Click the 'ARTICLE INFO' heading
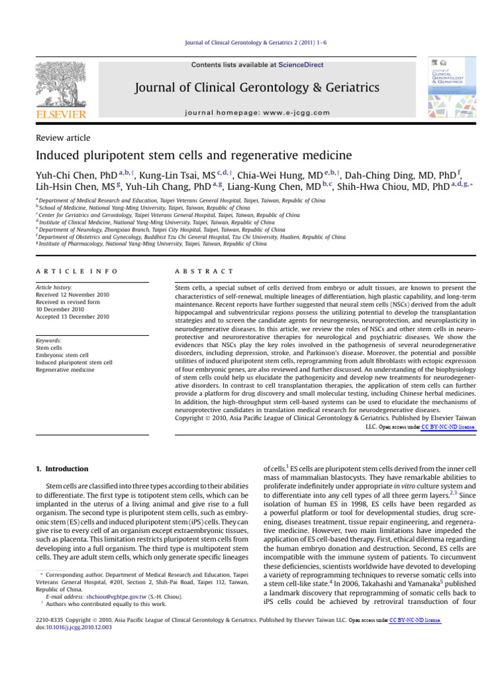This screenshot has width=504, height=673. click(77, 271)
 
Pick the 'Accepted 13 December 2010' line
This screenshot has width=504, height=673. click(73, 317)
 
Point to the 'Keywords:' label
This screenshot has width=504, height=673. click(49, 341)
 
